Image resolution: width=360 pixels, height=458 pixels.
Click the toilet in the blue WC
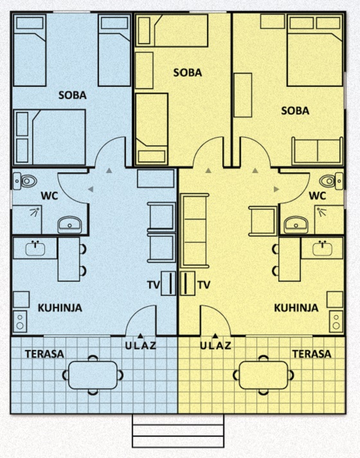[x=25, y=181]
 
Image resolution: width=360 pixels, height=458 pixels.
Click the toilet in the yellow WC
[x=331, y=181]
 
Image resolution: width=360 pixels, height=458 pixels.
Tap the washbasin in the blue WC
[x=70, y=224]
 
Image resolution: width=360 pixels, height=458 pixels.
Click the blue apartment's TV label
[x=154, y=285]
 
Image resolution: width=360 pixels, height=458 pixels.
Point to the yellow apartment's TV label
[x=204, y=285]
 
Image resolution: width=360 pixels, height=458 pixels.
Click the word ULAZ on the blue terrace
[x=140, y=346]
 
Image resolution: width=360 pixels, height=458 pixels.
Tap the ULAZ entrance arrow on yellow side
[x=215, y=336]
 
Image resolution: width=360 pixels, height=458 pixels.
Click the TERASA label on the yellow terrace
[x=312, y=354]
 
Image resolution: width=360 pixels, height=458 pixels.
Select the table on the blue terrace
[x=93, y=375]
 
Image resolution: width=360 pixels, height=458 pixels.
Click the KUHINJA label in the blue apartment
[x=60, y=308]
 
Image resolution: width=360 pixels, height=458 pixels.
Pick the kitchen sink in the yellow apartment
[x=322, y=250]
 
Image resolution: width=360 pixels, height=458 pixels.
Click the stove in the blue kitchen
[x=20, y=322]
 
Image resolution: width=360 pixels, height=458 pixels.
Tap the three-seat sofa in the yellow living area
[x=195, y=231]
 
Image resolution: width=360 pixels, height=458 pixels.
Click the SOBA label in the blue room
[x=73, y=95]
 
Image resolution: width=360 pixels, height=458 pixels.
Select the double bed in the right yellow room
[x=315, y=50]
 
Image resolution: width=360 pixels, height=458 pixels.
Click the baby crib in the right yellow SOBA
[x=318, y=151]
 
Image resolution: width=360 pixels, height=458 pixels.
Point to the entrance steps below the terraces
[x=178, y=431]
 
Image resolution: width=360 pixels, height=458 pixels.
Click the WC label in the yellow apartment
[x=317, y=196]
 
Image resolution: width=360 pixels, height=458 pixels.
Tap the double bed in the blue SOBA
[x=50, y=138]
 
